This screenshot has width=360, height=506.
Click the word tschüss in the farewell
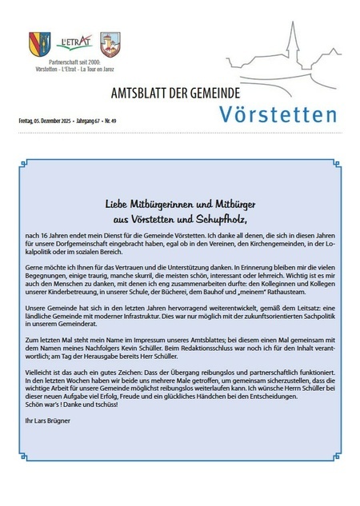105,403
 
